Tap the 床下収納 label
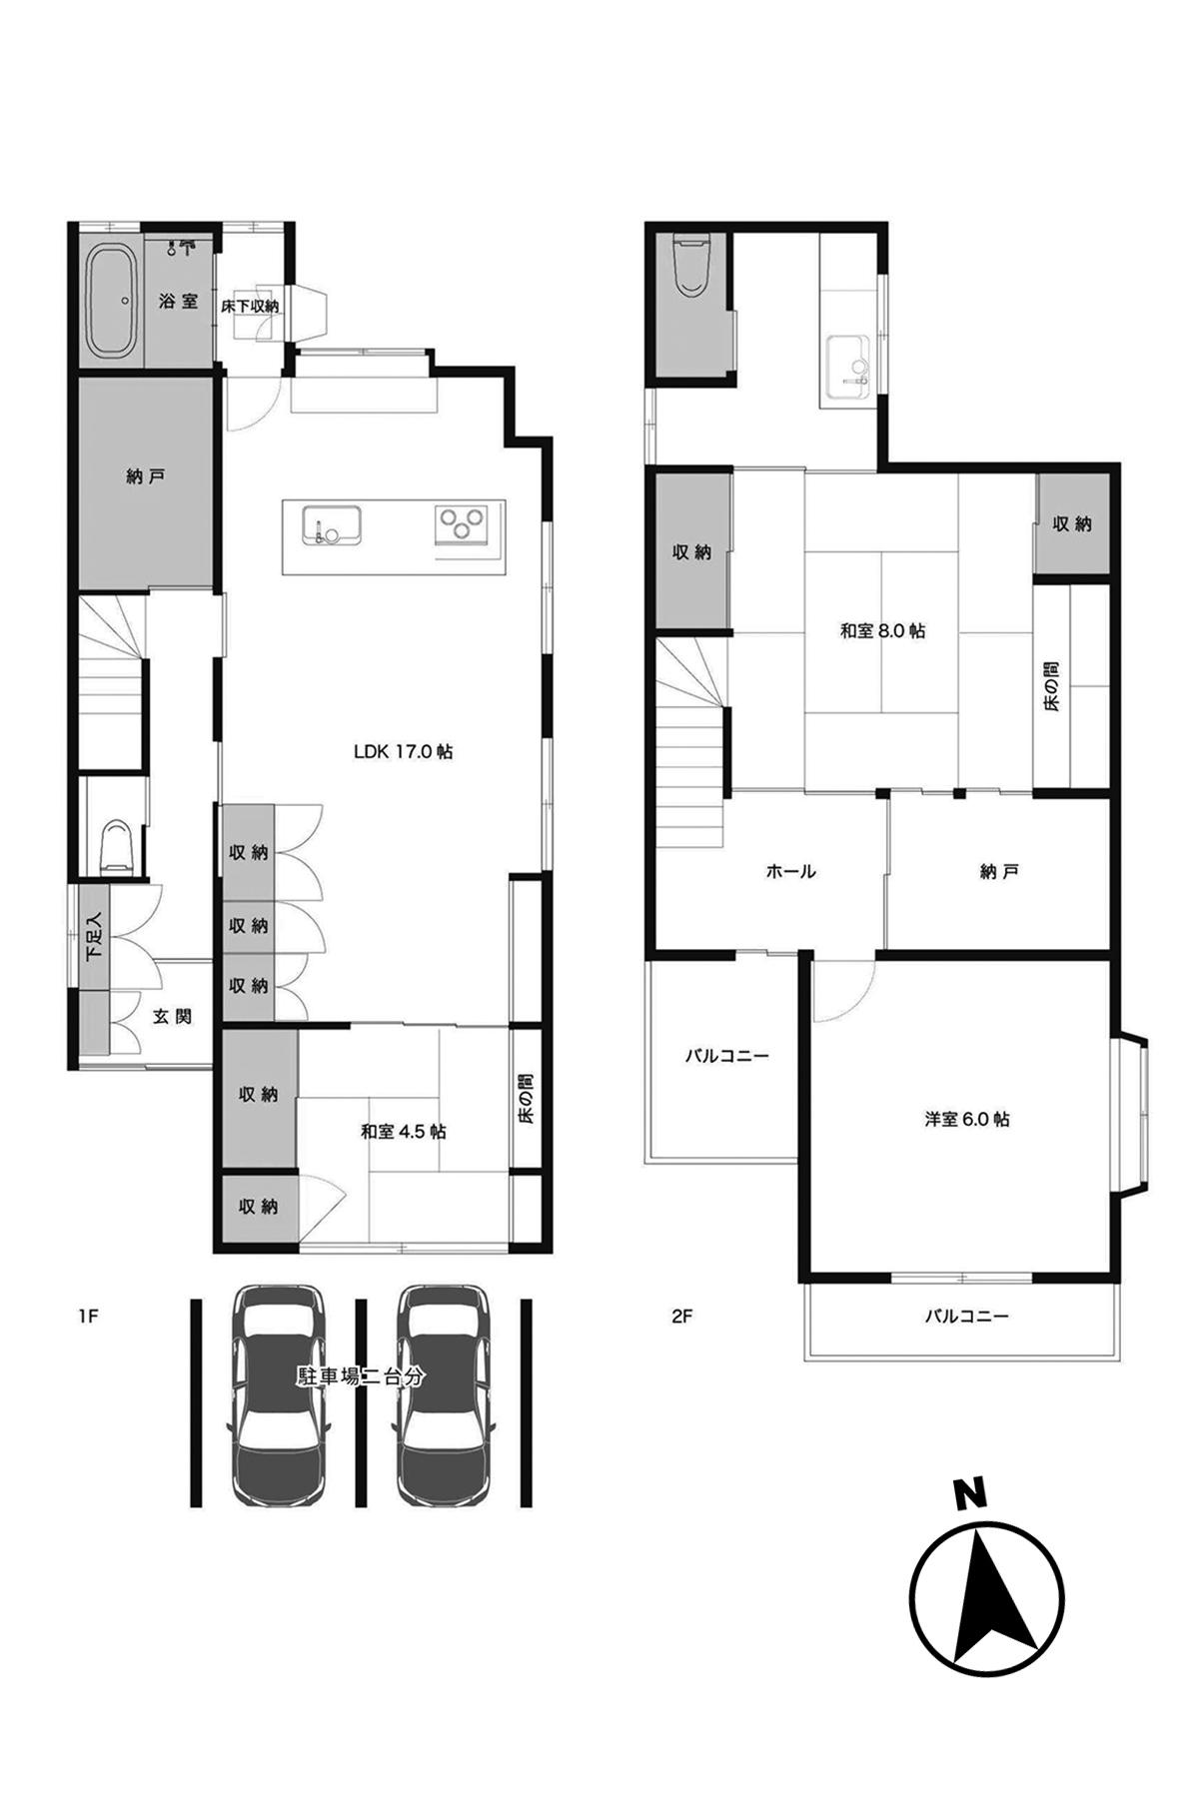point(250,306)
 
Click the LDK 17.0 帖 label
point(404,751)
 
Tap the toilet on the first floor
point(116,845)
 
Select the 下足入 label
point(93,936)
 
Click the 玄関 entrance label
point(172,1017)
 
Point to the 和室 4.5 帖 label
point(404,1132)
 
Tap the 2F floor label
point(682,1316)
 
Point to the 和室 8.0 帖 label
point(882,631)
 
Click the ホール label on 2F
point(791,871)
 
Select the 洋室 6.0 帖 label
point(966,1119)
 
